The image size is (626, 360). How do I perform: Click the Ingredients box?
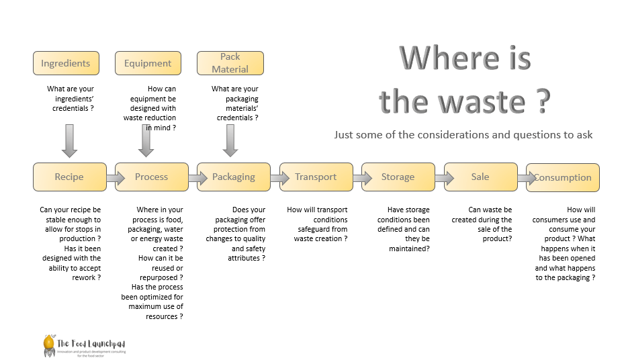pyautogui.click(x=66, y=63)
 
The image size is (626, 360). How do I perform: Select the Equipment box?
pyautogui.click(x=148, y=63)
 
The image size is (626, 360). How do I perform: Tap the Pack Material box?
pyautogui.click(x=230, y=63)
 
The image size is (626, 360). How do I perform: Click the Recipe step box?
pyautogui.click(x=69, y=177)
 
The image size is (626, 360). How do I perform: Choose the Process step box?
pyautogui.click(x=151, y=177)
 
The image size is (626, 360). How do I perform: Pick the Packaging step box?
pyautogui.click(x=234, y=177)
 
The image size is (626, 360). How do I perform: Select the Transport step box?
pyautogui.click(x=316, y=177)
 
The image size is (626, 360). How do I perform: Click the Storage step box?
pyautogui.click(x=398, y=177)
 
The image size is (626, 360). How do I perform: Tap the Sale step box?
pyautogui.click(x=480, y=177)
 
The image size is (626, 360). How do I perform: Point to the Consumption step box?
pyautogui.click(x=563, y=177)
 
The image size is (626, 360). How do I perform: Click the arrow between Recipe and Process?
pyautogui.click(x=110, y=178)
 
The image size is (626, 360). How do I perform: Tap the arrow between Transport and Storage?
pyautogui.click(x=357, y=178)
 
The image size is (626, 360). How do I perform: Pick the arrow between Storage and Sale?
pyautogui.click(x=439, y=178)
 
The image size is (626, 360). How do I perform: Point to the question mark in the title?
pyautogui.click(x=543, y=101)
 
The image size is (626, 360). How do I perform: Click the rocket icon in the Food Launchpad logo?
pyautogui.click(x=48, y=344)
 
